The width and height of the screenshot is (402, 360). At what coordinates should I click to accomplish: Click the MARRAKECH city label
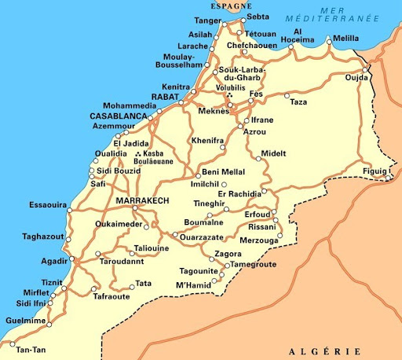(x=142, y=202)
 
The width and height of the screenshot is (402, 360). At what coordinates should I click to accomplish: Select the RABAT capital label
(x=166, y=96)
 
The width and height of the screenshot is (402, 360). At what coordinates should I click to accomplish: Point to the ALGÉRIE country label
(x=324, y=351)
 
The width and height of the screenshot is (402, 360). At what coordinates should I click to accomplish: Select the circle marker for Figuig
(x=389, y=178)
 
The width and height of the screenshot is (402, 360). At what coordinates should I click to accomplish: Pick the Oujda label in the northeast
(x=357, y=77)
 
